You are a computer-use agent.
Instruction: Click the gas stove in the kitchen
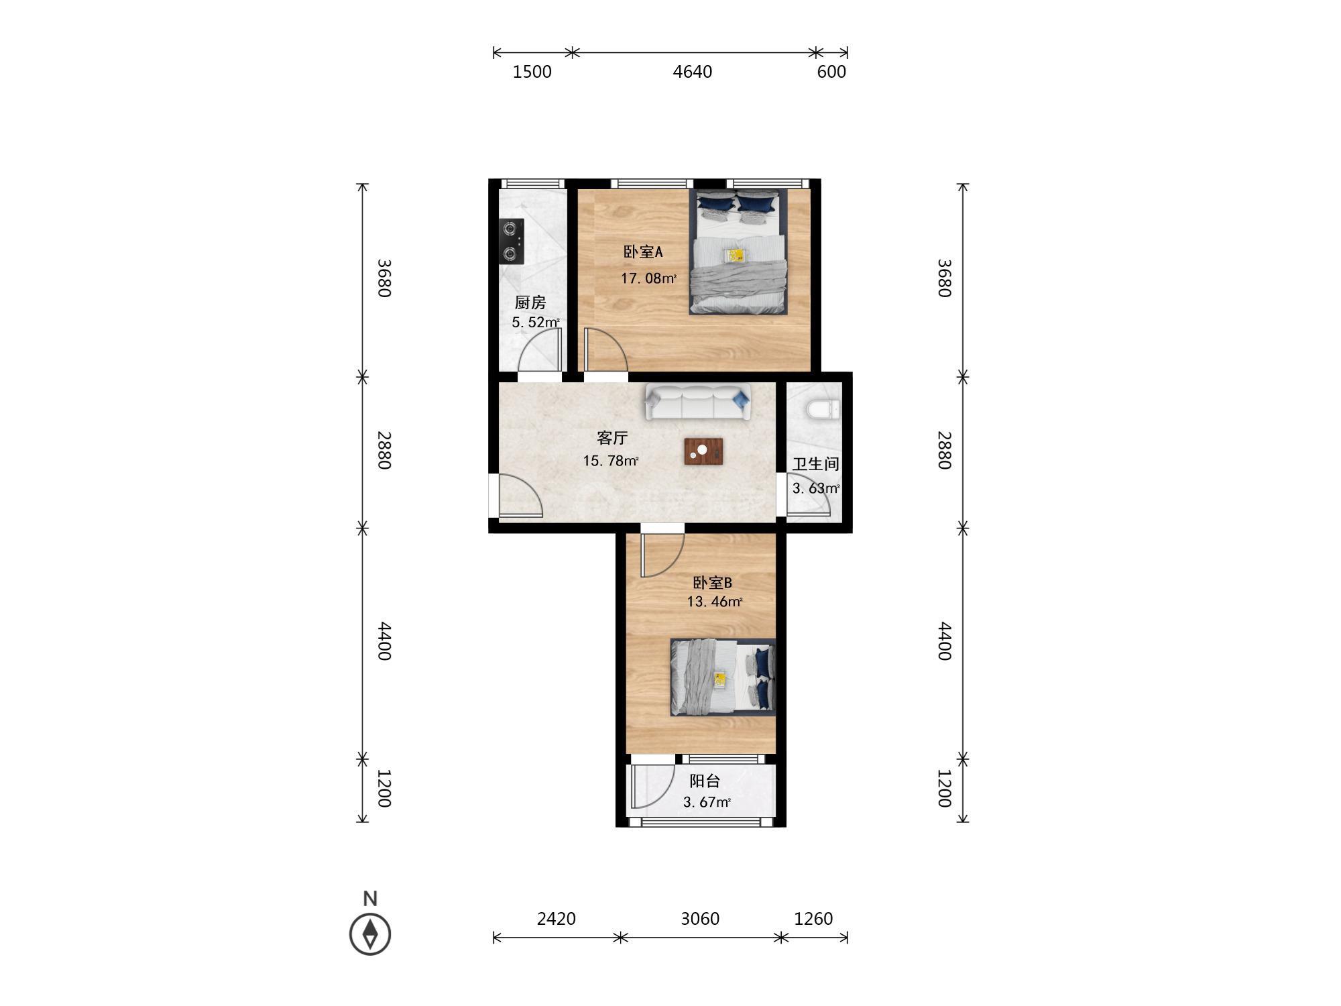click(x=512, y=241)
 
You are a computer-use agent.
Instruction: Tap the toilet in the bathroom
click(x=823, y=409)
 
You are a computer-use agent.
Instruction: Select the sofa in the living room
click(x=698, y=402)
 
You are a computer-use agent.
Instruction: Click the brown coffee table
click(x=703, y=451)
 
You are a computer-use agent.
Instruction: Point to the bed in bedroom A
click(x=739, y=251)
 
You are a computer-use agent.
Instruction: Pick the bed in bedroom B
click(x=723, y=677)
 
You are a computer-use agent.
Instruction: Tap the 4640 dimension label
click(x=693, y=72)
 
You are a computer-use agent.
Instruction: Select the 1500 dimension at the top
click(x=532, y=72)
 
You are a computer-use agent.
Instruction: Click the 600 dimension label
click(x=831, y=72)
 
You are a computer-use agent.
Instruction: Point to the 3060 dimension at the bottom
click(x=700, y=918)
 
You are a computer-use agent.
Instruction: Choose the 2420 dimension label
click(x=557, y=918)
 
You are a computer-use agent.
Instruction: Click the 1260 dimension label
click(x=813, y=918)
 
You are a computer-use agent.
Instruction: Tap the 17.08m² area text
click(x=648, y=278)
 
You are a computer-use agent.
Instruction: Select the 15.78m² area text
click(x=610, y=461)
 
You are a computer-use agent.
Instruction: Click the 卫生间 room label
click(x=816, y=464)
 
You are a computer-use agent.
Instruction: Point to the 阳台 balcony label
click(x=705, y=781)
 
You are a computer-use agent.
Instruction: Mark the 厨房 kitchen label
click(x=530, y=302)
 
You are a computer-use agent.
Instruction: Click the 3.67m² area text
click(x=707, y=802)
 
